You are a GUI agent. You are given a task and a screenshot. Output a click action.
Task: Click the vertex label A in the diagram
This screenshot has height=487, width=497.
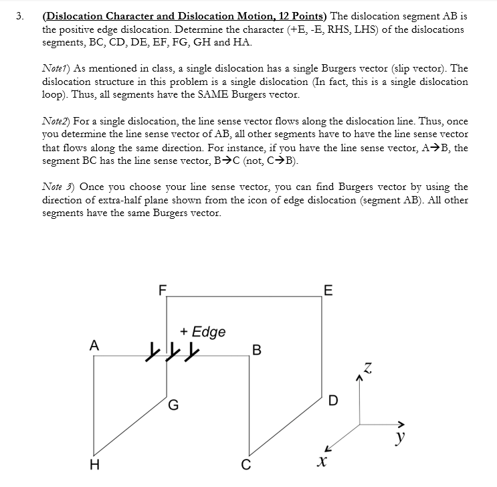click(x=94, y=345)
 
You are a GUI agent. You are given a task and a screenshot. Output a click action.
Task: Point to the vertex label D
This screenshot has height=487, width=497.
click(x=334, y=401)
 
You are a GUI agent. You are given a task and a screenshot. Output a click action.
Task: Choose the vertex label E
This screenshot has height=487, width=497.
click(x=326, y=290)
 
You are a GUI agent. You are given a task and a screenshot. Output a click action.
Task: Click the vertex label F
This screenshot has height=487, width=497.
click(x=161, y=290)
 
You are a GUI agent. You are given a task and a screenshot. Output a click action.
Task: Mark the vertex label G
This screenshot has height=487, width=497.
click(x=173, y=404)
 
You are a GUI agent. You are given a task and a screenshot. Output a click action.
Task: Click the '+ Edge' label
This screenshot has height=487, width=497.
click(x=203, y=332)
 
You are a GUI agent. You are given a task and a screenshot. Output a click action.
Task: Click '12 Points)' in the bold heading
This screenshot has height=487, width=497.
click(x=294, y=16)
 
